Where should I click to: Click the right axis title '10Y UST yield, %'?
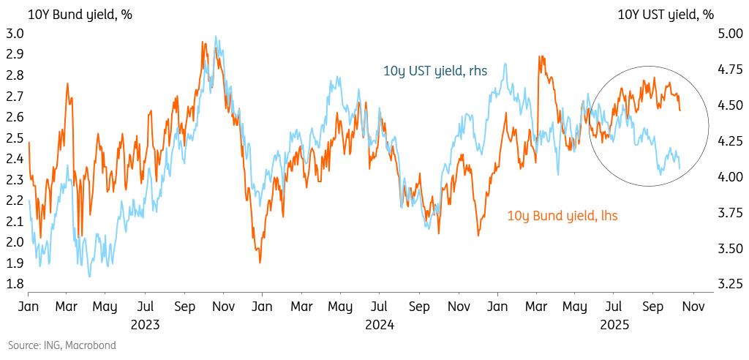(x=666, y=15)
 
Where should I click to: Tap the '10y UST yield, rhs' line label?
(x=435, y=70)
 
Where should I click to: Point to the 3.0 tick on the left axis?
(x=15, y=34)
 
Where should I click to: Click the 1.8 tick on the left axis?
(x=15, y=284)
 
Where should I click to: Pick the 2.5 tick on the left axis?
(x=15, y=138)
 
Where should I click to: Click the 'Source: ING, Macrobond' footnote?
(x=62, y=345)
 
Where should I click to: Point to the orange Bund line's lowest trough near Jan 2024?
(x=260, y=262)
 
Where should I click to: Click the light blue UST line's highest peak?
(x=215, y=37)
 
